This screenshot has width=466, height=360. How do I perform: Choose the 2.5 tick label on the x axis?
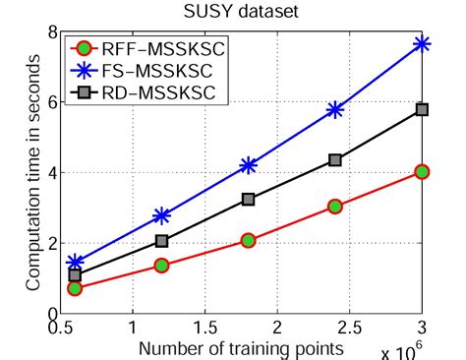click(350, 327)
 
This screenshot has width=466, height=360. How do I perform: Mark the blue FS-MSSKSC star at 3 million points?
click(423, 44)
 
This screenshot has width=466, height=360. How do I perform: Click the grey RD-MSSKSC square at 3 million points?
click(423, 109)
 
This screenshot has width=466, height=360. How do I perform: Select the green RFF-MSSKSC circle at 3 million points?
click(423, 171)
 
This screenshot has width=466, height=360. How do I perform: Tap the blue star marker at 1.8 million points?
click(248, 165)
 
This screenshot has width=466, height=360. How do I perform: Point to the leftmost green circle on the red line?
click(74, 288)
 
